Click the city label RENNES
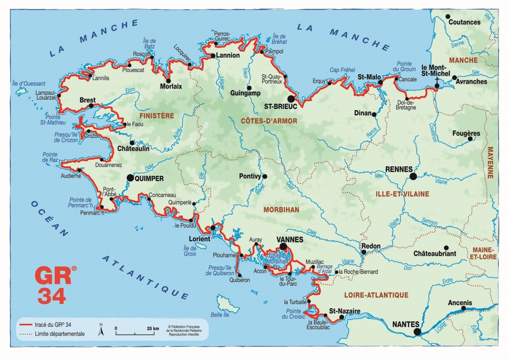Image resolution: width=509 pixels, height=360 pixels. (x=398, y=169)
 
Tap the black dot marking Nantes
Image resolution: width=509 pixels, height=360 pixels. (x=417, y=332)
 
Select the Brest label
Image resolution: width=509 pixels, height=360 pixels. (x=87, y=100)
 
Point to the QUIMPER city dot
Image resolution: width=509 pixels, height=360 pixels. (x=130, y=179)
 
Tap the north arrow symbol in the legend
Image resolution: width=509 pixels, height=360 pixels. (x=101, y=330)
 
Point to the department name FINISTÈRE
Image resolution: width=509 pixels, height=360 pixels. (x=157, y=115)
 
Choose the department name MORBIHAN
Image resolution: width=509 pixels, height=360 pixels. (x=281, y=210)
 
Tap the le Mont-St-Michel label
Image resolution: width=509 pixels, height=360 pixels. (x=436, y=70)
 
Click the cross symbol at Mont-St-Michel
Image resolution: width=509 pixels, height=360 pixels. (x=437, y=79)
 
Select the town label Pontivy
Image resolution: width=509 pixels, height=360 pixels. (x=250, y=176)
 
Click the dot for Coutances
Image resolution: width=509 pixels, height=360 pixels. (x=447, y=17)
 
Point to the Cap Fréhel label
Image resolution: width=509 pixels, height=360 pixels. (x=342, y=70)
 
